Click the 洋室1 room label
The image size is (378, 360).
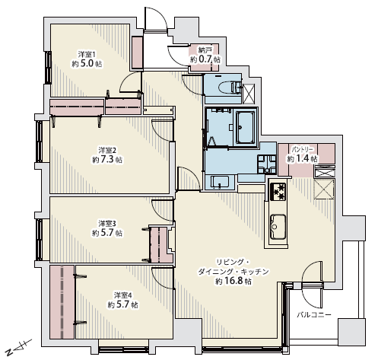tap(87, 54)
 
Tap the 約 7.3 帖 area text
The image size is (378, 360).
tap(107, 160)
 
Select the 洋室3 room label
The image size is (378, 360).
tap(107, 224)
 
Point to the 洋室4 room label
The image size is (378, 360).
tap(122, 295)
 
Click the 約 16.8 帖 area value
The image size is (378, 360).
tap(233, 281)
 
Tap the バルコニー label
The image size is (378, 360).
tap(314, 315)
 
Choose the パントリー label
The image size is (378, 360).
tap(302, 149)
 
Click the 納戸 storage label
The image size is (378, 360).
tap(205, 49)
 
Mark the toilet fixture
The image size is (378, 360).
tap(229, 88)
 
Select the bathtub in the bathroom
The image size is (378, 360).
tap(245, 127)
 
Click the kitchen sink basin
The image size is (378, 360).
tap(278, 227)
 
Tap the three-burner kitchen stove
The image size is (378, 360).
tap(278, 191)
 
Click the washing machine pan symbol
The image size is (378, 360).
tap(266, 164)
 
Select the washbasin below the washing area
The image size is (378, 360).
tap(220, 182)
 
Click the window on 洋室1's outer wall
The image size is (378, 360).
tap(48, 67)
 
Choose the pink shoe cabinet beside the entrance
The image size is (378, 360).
tap(138, 53)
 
